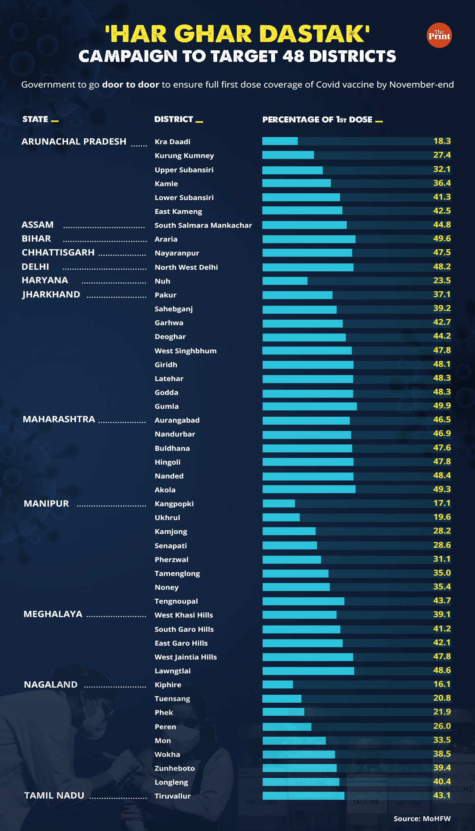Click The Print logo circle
[439, 35]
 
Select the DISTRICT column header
[174, 119]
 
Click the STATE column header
[35, 119]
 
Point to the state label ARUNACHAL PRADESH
[74, 141]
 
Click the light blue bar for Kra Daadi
[280, 141]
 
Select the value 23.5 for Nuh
[442, 280]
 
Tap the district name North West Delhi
[186, 267]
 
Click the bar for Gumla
[310, 406]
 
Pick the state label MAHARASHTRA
[59, 419]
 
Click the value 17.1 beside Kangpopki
[442, 503]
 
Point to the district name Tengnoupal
[176, 601]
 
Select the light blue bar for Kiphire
[277, 684]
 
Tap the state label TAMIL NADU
[54, 795]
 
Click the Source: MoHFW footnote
[422, 818]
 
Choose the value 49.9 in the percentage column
[442, 406]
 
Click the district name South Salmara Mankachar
[203, 225]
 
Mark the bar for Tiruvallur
[303, 795]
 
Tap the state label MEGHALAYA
[53, 614]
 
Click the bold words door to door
[130, 84]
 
